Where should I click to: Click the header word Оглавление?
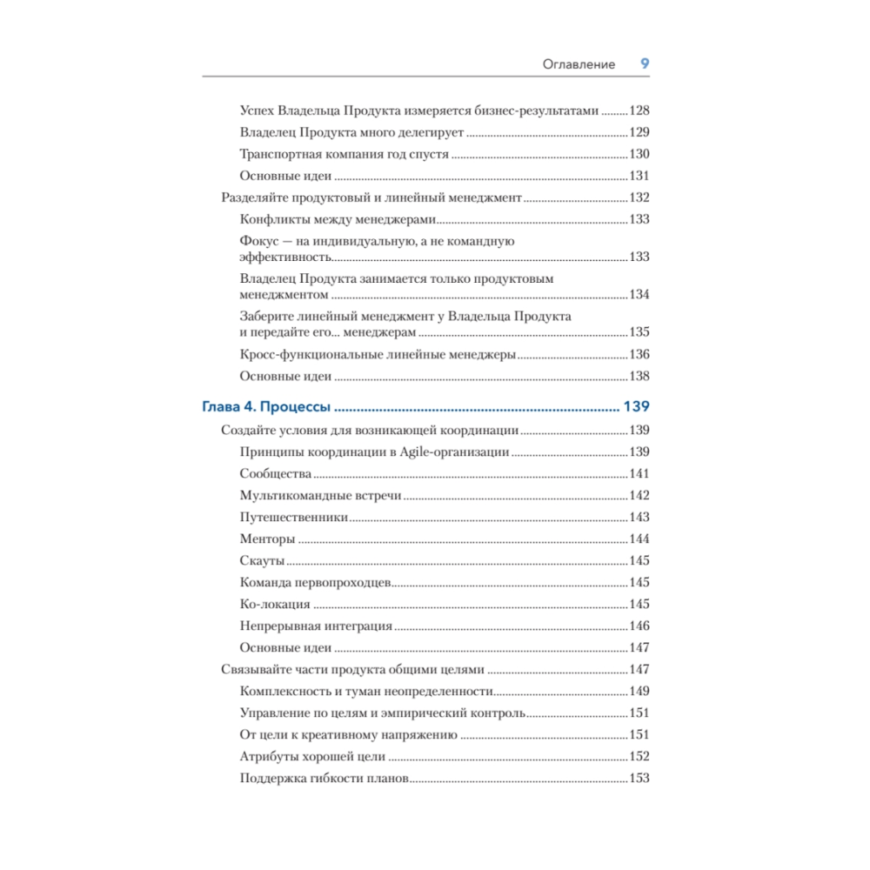click(x=579, y=64)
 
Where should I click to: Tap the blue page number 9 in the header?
click(x=645, y=64)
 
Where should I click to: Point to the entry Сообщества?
click(x=275, y=473)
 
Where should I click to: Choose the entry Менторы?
click(x=267, y=539)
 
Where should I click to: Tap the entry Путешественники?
click(x=294, y=517)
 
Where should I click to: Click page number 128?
click(x=639, y=110)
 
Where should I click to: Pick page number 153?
click(x=639, y=778)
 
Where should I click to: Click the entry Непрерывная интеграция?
click(x=316, y=626)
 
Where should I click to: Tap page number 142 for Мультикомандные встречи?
click(x=639, y=495)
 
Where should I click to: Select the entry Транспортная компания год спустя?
click(x=344, y=154)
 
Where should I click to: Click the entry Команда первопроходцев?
click(x=318, y=582)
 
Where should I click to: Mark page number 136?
click(x=639, y=354)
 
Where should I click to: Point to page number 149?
click(x=639, y=691)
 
